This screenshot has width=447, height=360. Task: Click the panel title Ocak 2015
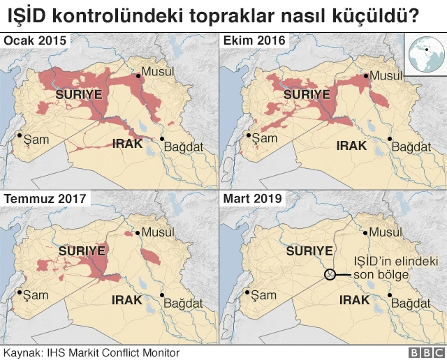[x=35, y=41]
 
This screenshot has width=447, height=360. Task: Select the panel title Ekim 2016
[x=254, y=41]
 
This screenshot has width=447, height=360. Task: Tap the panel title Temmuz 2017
[x=45, y=199]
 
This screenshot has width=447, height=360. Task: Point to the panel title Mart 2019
[x=253, y=199]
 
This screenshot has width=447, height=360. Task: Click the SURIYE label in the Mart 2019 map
[x=309, y=250]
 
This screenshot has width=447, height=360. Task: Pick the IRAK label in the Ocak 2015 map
[x=127, y=144]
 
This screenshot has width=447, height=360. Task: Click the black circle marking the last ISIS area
[x=330, y=275]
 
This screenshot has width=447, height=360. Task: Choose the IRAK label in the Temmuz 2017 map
[x=127, y=300]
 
